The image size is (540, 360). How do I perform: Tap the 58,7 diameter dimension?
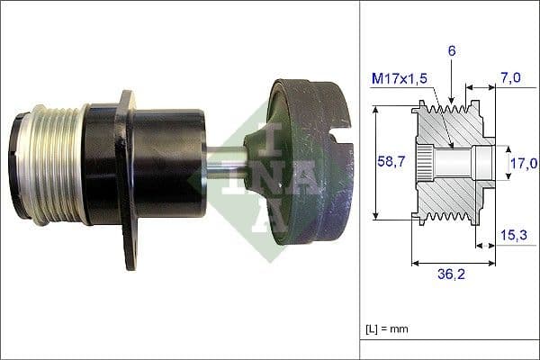[x=389, y=162]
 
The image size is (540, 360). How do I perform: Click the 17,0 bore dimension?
[x=523, y=163]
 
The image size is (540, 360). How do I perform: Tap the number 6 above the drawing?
[x=451, y=51]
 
